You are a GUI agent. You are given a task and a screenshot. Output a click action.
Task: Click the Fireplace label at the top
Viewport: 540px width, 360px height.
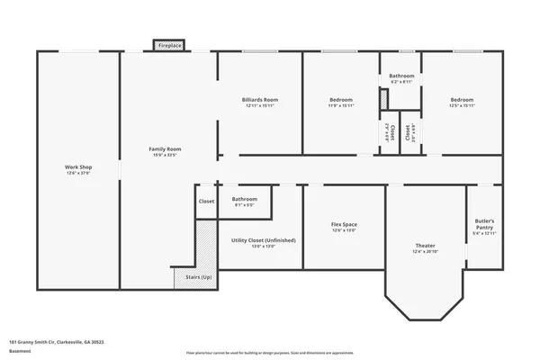[x=169, y=45]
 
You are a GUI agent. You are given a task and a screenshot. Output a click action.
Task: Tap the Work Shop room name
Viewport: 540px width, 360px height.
[x=78, y=167]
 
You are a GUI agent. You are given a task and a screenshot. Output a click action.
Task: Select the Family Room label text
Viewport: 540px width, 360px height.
[x=166, y=148]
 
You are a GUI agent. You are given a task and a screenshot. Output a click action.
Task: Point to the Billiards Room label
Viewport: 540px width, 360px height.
[x=259, y=99]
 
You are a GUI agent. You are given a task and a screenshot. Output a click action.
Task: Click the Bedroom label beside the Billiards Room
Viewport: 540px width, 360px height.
[x=340, y=99]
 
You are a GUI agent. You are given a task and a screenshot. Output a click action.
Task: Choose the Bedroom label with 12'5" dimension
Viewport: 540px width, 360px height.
[x=462, y=99]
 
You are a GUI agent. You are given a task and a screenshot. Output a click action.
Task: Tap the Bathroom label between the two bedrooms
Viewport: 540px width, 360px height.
[x=401, y=76]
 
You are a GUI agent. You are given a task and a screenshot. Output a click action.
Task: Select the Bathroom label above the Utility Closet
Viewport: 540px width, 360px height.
[x=245, y=199]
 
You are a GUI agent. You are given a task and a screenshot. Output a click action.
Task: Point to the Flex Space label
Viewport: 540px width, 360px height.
[x=344, y=224]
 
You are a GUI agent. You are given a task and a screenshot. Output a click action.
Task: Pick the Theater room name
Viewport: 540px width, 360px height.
[x=425, y=246]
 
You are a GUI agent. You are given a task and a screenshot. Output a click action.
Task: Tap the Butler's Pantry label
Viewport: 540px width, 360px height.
[x=485, y=223]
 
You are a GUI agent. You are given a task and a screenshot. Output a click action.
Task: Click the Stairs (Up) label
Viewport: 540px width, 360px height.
[x=199, y=276]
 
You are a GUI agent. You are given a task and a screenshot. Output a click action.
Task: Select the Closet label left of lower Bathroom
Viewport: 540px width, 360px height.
[x=206, y=201]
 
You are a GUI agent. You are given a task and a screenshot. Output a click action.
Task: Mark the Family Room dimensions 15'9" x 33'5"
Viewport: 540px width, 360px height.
[x=166, y=155]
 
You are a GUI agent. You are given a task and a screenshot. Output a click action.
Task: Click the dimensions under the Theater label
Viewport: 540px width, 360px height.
[x=425, y=252]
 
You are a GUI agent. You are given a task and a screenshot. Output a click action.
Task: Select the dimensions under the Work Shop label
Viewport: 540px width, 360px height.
[x=78, y=174]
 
